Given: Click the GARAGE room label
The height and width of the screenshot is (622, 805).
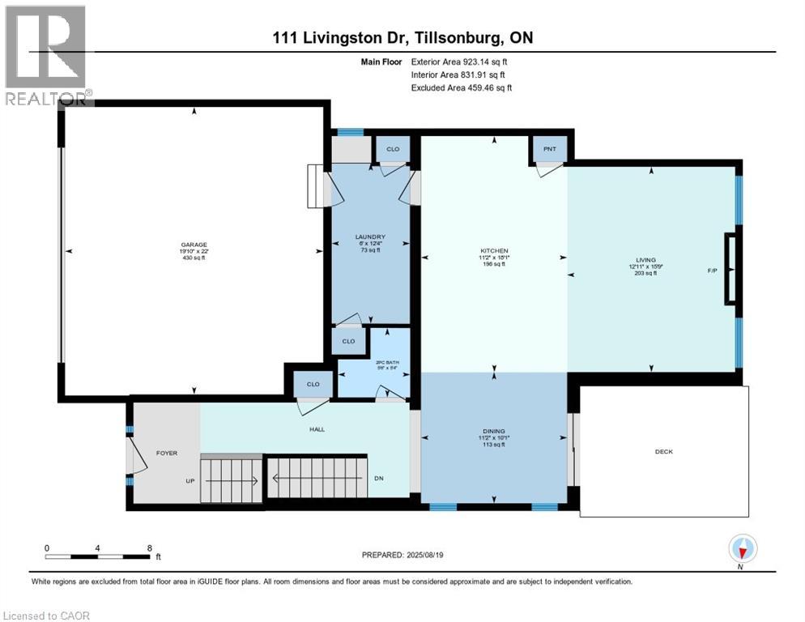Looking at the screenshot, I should [x=194, y=245].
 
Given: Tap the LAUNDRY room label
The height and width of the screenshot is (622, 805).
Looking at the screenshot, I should [x=368, y=237].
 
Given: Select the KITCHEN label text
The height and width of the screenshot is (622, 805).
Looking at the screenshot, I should [x=494, y=251].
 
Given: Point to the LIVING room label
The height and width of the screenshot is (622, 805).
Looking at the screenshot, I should [x=645, y=260].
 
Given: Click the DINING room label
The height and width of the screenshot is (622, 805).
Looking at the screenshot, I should [x=494, y=432].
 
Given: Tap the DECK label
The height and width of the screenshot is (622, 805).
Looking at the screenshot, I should [x=663, y=452].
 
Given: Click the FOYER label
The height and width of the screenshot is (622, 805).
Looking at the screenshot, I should [x=166, y=453].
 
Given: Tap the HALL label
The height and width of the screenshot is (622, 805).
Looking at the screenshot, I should [x=317, y=429].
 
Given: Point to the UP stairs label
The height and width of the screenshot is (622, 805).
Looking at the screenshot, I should [x=191, y=481].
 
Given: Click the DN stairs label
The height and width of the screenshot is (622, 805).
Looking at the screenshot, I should [x=378, y=478].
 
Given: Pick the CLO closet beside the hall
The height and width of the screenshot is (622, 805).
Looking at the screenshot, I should [x=313, y=384].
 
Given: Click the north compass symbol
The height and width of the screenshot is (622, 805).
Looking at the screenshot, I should [x=743, y=549].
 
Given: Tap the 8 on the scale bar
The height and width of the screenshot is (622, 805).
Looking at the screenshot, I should [x=149, y=547].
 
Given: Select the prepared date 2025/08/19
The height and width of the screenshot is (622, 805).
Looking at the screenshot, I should [x=434, y=555].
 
